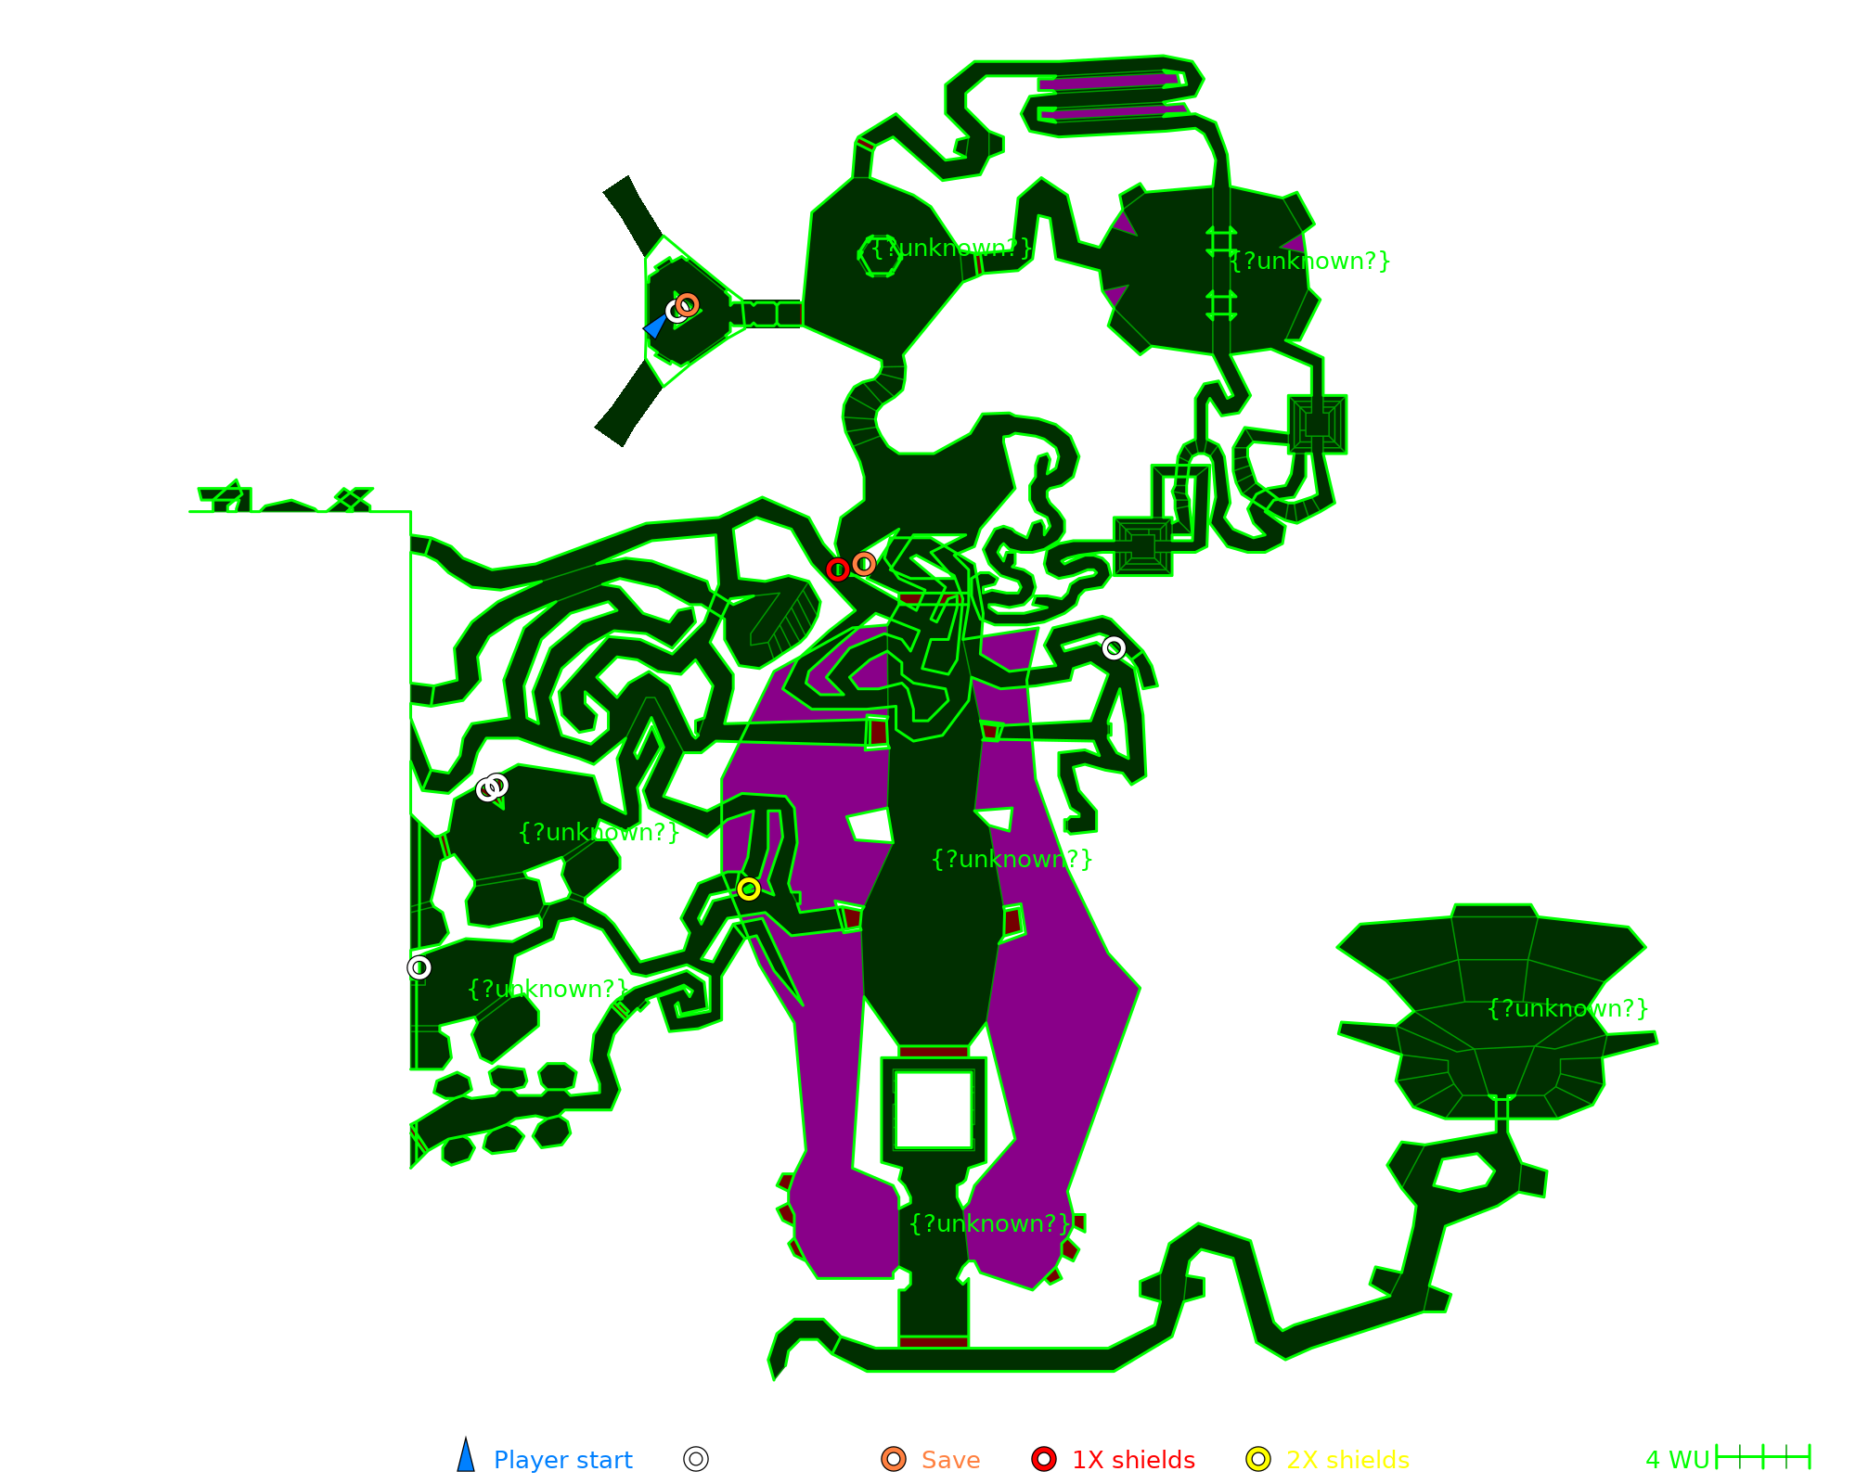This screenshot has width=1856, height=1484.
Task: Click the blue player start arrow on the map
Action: point(656,325)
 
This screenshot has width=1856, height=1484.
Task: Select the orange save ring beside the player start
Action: point(688,304)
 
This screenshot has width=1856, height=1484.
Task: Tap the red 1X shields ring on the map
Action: point(837,569)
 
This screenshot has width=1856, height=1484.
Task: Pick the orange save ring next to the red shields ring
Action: point(864,563)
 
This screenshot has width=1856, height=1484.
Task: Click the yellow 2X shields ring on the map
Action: point(749,889)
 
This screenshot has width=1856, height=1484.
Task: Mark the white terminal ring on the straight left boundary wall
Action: point(419,967)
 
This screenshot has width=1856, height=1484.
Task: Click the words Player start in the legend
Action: point(562,1460)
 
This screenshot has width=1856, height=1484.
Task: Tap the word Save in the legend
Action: point(950,1460)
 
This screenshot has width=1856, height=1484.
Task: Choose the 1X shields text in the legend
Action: point(1133,1460)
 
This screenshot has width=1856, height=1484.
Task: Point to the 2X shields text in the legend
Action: point(1347,1460)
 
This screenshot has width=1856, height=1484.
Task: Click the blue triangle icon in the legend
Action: point(466,1456)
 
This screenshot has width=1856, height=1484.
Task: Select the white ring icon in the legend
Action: point(696,1459)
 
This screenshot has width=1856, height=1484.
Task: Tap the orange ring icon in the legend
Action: point(894,1459)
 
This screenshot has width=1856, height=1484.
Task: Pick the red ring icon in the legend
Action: point(1044,1459)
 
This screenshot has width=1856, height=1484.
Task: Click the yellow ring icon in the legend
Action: point(1258,1459)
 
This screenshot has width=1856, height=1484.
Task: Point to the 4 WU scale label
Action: point(1677,1460)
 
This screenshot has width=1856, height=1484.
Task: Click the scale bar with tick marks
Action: point(1763,1457)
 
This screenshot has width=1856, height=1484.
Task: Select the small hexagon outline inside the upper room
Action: point(879,254)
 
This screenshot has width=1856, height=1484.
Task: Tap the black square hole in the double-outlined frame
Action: point(933,1109)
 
